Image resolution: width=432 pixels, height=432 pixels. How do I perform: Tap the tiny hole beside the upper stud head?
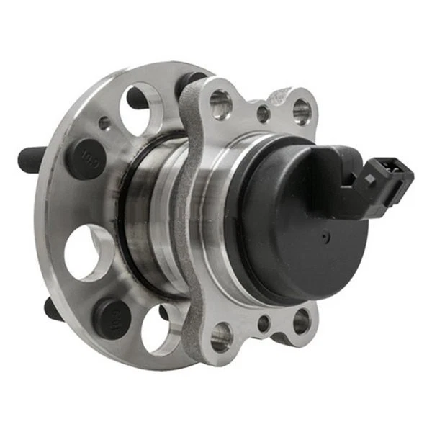tap(105, 123)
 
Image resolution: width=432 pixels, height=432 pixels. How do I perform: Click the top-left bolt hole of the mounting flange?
tap(220, 105)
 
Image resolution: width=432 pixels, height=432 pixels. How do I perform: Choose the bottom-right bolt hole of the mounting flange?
tap(301, 321)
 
